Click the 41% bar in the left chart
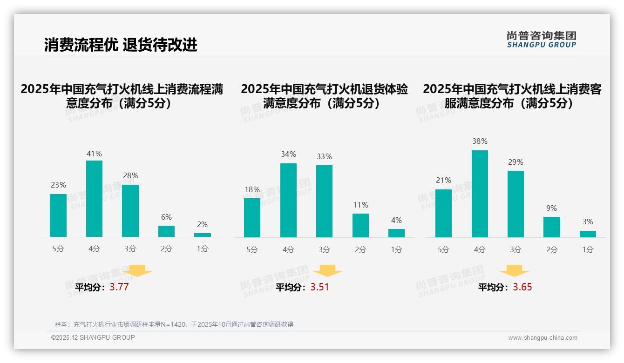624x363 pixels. click(x=94, y=199)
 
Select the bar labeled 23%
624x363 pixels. click(x=58, y=215)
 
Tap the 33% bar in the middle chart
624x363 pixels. click(x=324, y=201)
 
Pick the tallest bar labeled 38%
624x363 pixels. click(x=480, y=194)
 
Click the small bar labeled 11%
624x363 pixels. click(x=360, y=225)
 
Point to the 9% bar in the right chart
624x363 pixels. click(x=551, y=227)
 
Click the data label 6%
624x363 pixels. click(x=166, y=217)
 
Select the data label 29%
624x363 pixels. click(x=515, y=162)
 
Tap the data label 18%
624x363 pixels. click(x=252, y=189)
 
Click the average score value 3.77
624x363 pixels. click(x=119, y=287)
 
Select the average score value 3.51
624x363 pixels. click(x=319, y=287)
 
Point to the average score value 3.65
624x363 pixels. click(x=522, y=287)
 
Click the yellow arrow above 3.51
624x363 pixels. click(x=327, y=271)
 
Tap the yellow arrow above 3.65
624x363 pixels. click(x=514, y=271)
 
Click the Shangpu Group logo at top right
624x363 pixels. click(x=541, y=40)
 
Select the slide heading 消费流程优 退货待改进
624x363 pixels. click(x=121, y=45)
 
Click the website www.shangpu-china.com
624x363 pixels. click(x=543, y=338)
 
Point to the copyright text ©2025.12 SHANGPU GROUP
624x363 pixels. click(x=93, y=337)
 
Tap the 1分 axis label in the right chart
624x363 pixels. click(x=588, y=250)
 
